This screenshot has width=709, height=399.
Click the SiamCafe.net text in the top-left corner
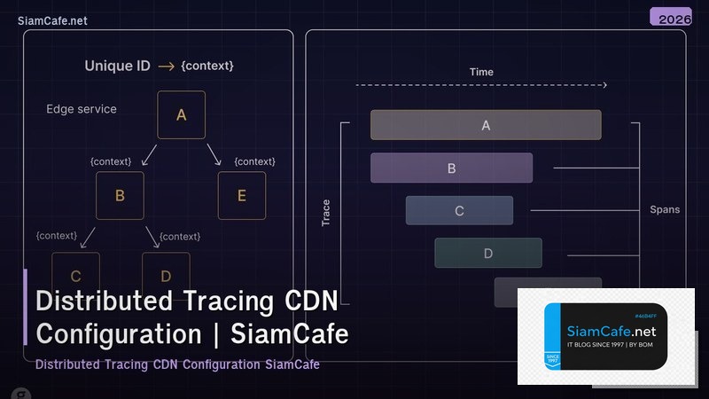click(52, 20)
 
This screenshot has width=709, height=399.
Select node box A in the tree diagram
click(181, 114)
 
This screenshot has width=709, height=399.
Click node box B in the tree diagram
click(120, 196)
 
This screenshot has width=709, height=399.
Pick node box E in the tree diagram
click(242, 196)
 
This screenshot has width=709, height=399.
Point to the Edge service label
click(82, 109)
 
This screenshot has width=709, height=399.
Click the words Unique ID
click(117, 66)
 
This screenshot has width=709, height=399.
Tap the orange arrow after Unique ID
click(166, 66)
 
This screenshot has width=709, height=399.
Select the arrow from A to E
click(214, 156)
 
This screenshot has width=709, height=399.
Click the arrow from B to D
click(152, 237)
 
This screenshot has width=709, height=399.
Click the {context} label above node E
click(254, 161)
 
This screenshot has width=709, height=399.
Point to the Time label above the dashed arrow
click(481, 72)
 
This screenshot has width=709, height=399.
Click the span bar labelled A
click(486, 125)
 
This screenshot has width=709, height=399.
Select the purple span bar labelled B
click(451, 168)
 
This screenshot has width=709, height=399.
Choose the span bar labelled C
click(459, 211)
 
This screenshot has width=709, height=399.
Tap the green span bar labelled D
click(487, 253)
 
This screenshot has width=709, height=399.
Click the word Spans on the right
click(664, 210)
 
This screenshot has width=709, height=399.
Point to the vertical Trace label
click(326, 213)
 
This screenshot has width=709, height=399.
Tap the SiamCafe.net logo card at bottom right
click(605, 337)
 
